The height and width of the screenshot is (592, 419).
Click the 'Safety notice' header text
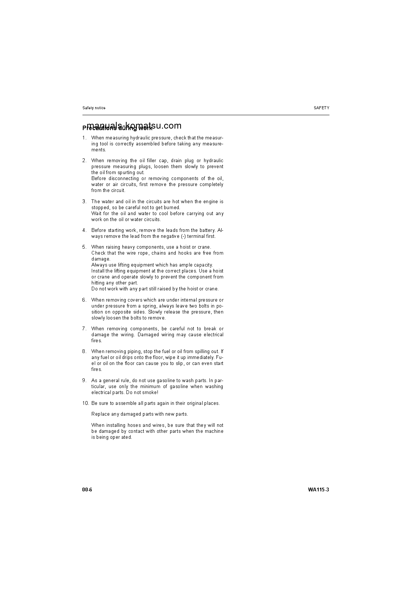[x=94, y=108]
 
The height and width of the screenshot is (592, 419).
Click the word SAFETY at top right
[x=321, y=108]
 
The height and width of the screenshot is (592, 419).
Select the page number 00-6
[x=87, y=490]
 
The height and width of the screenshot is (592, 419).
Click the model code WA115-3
[x=318, y=490]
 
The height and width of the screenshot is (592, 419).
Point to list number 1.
[x=84, y=138]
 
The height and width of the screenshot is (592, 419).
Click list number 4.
[x=84, y=230]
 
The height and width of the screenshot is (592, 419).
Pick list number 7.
[x=84, y=329]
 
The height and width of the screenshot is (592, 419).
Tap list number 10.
[x=85, y=403]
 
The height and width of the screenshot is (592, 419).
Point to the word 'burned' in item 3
[x=172, y=208]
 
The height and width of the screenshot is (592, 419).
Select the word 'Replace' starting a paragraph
[x=100, y=414]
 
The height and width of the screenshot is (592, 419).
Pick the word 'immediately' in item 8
[x=201, y=358]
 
